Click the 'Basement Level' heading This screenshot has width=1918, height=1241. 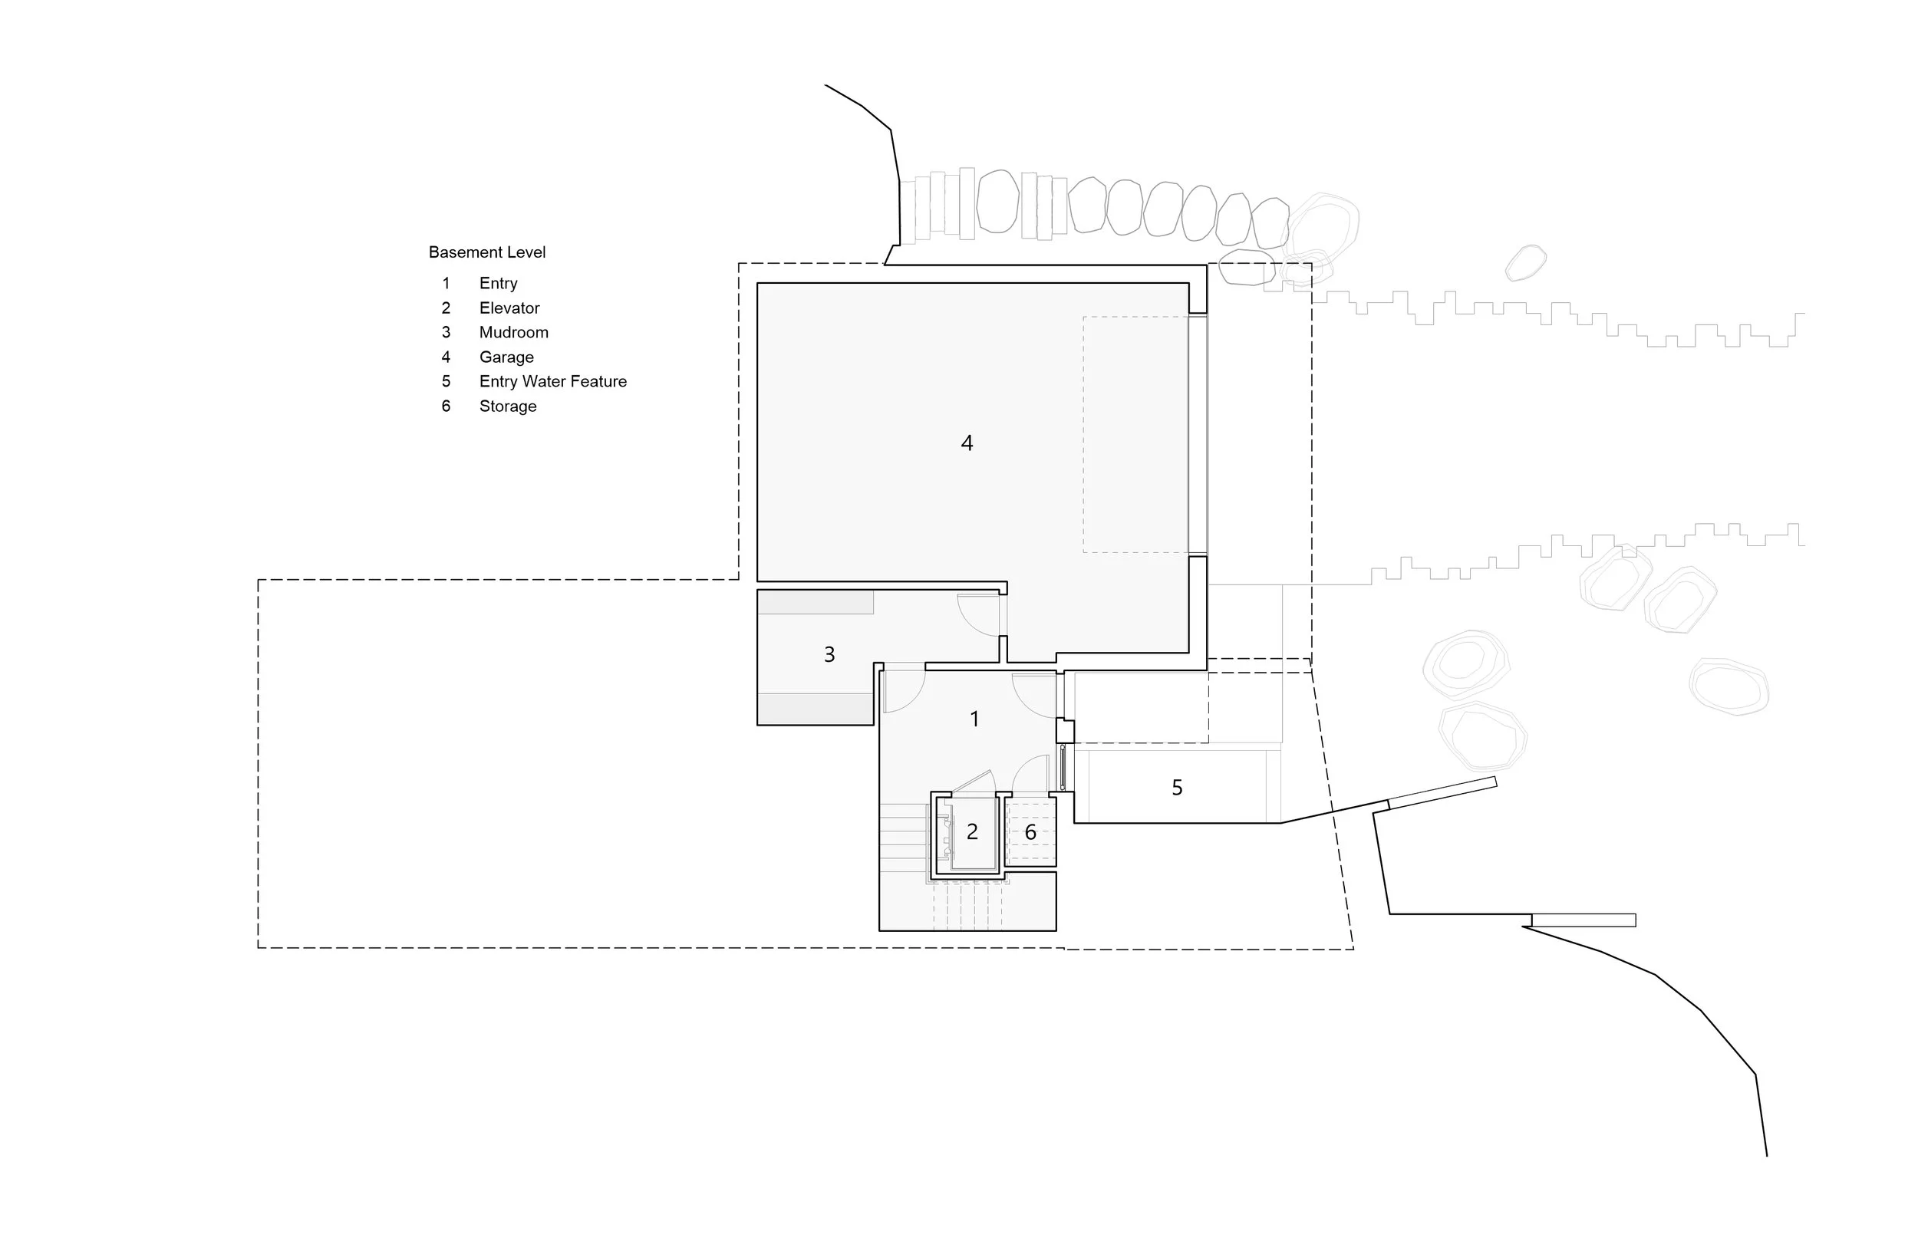coord(486,252)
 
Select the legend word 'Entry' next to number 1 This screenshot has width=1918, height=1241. coord(498,283)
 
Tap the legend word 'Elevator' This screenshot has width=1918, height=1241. coord(509,308)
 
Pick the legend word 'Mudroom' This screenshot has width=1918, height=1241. coord(513,332)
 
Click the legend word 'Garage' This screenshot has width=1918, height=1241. coord(506,357)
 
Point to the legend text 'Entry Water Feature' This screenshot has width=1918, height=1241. coord(553,381)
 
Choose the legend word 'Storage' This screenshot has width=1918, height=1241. coord(508,407)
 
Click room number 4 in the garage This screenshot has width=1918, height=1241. coord(967,443)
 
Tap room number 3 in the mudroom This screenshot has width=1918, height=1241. coord(829,654)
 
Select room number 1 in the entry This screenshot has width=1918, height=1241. coord(974,719)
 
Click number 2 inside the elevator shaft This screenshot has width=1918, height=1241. coord(972,831)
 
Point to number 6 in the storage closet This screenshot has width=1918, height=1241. coord(1030,831)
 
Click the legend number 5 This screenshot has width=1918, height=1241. coord(446,381)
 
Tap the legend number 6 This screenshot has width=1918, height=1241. coord(446,407)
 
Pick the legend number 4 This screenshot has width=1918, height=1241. coord(446,357)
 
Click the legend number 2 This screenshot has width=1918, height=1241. coord(446,308)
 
